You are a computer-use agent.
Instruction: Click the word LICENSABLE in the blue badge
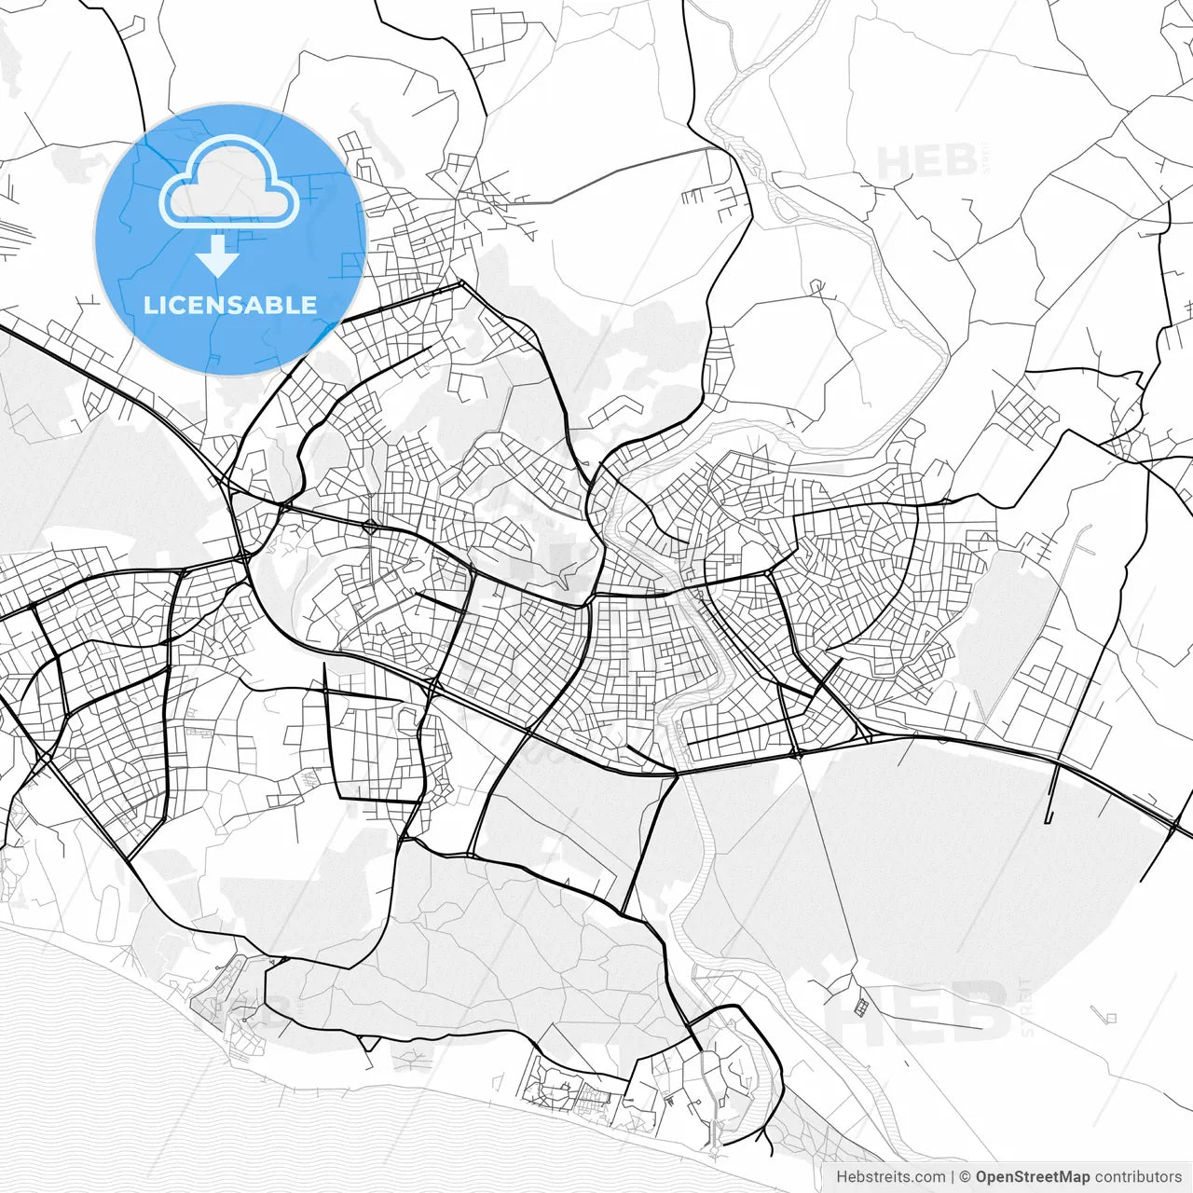tap(229, 305)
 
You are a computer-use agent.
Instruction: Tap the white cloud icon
tap(229, 184)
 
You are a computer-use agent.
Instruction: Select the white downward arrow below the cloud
tap(218, 255)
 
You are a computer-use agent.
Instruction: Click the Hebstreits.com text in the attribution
tap(890, 1177)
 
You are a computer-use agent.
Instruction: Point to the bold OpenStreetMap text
tap(1032, 1177)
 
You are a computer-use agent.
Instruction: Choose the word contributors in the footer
tap(1138, 1177)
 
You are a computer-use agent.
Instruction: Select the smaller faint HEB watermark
tap(927, 163)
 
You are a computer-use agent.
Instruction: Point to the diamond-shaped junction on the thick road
tap(370, 528)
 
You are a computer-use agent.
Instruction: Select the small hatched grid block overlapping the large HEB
tap(862, 1007)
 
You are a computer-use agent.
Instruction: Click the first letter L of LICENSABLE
tap(149, 305)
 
